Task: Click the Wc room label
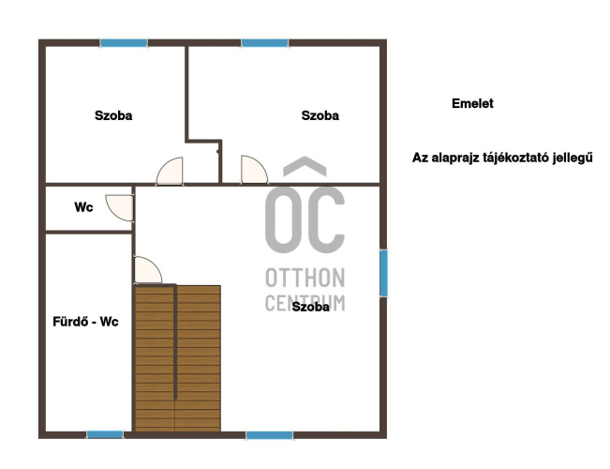(x=83, y=207)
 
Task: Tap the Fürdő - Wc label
(x=85, y=322)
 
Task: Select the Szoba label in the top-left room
(x=113, y=115)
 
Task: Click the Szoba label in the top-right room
(x=320, y=115)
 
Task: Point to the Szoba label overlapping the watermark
(x=310, y=307)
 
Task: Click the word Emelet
(x=472, y=103)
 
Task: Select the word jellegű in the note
(x=573, y=158)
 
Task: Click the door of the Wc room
(x=119, y=207)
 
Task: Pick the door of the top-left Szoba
(x=170, y=171)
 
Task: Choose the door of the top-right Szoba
(x=254, y=170)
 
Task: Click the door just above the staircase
(x=148, y=269)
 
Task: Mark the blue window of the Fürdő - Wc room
(x=105, y=434)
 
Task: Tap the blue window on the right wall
(x=383, y=274)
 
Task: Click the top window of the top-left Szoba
(x=124, y=43)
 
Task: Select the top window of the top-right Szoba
(x=265, y=43)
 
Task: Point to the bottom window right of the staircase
(x=270, y=435)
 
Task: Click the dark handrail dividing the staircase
(x=175, y=342)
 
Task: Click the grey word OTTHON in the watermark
(x=305, y=278)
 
